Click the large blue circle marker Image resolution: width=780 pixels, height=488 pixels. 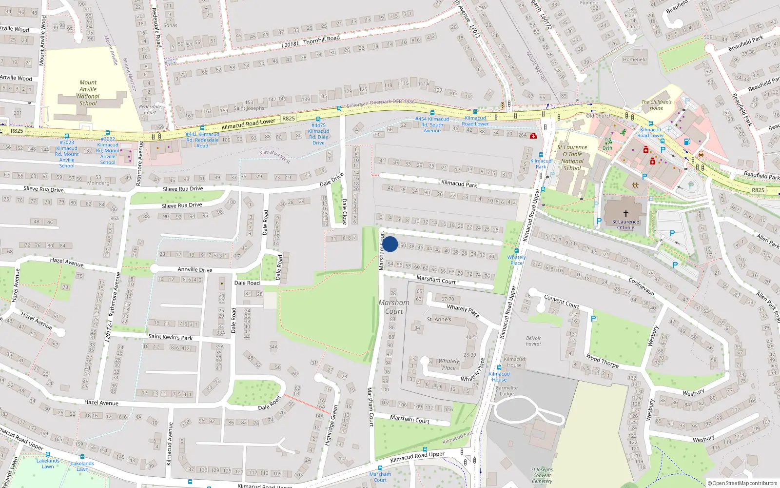point(390,244)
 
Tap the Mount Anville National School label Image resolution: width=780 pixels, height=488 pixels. point(88,93)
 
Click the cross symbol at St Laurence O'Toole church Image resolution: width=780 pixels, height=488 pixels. point(626,213)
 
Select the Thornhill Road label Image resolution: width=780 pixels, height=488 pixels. point(321,39)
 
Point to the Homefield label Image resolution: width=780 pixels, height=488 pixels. point(635,60)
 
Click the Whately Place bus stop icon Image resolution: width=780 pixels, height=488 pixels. point(516,251)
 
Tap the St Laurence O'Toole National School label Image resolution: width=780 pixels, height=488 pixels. point(572,157)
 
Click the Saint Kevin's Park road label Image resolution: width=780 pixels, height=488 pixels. point(170,337)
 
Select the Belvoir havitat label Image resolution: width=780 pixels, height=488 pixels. point(533,341)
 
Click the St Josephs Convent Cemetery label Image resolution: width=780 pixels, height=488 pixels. point(542,475)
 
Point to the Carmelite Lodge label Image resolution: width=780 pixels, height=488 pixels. point(507,391)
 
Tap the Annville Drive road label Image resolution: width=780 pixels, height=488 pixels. point(195,269)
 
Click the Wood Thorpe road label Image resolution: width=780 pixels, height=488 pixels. point(602,361)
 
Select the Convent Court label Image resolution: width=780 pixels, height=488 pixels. point(562,302)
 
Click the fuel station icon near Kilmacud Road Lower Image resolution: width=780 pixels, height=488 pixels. point(687,142)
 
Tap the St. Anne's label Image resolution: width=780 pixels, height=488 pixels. point(439,319)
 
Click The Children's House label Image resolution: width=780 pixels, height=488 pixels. point(656,105)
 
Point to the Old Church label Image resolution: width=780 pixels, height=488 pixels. point(599,116)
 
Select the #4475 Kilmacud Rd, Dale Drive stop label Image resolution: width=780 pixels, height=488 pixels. point(318,134)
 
